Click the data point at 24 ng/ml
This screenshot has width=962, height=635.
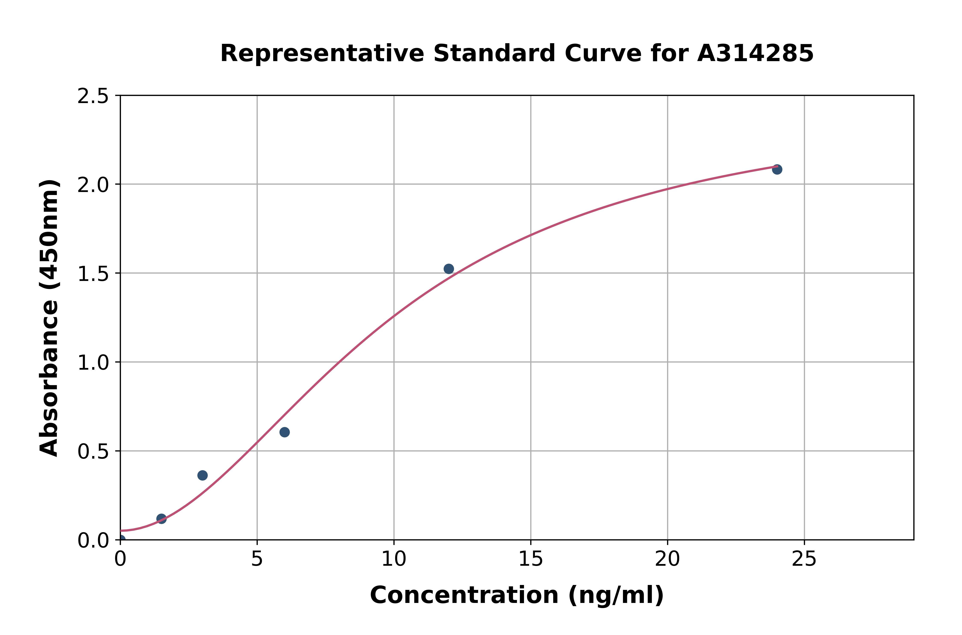coord(777,169)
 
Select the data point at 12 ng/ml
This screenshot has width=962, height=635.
coord(449,269)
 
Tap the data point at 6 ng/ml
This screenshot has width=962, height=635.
coord(285,432)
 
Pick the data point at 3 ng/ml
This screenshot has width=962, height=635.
coord(202,476)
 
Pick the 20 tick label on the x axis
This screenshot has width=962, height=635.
coord(667,559)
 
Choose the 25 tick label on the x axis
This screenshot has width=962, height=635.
coord(804,559)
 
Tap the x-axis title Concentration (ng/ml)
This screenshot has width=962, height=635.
coord(517,595)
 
